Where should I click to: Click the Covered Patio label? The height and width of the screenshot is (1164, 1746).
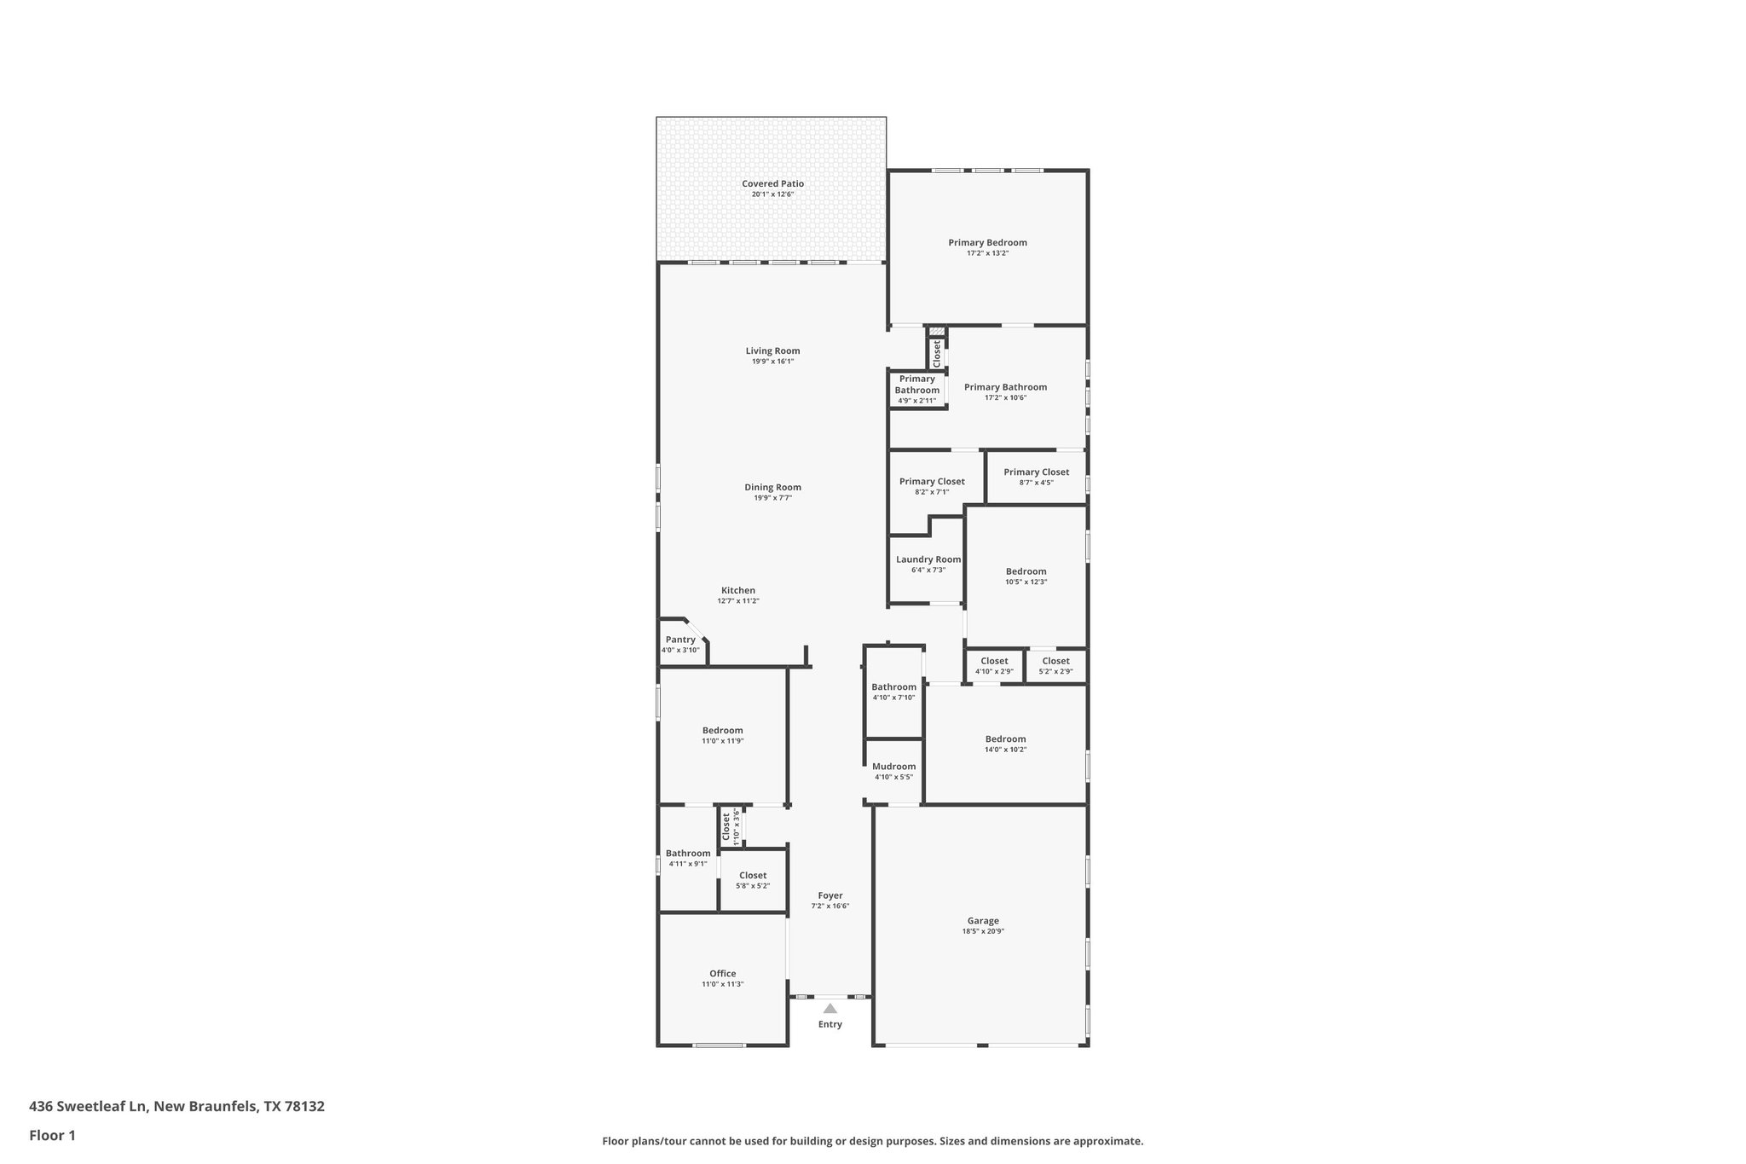point(772,183)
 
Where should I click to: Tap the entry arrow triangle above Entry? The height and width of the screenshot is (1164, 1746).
point(830,1008)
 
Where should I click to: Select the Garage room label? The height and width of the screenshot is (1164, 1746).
point(983,921)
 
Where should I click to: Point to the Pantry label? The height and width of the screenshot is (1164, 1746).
point(680,640)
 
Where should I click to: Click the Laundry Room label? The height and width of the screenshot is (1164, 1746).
point(928,559)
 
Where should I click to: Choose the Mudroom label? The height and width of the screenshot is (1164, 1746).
point(893,767)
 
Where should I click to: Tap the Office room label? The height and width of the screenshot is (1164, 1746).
point(722,974)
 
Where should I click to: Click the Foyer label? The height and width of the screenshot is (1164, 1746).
point(830,895)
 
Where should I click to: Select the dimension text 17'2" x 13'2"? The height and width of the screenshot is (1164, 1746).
point(987,253)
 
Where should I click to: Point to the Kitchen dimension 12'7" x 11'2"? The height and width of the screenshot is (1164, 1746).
point(737,601)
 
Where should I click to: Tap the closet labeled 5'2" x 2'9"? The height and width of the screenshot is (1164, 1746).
point(1055,661)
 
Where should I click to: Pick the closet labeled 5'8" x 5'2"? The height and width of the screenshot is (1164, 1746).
point(753,876)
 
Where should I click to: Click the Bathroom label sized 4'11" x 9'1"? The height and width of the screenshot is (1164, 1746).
point(688,854)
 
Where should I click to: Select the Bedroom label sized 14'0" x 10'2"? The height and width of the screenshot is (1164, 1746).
point(1005,739)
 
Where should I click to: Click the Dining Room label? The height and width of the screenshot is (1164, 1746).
point(772,488)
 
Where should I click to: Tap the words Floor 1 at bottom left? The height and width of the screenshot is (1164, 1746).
point(52,1135)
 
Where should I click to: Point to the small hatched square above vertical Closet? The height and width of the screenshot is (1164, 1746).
point(937,332)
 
